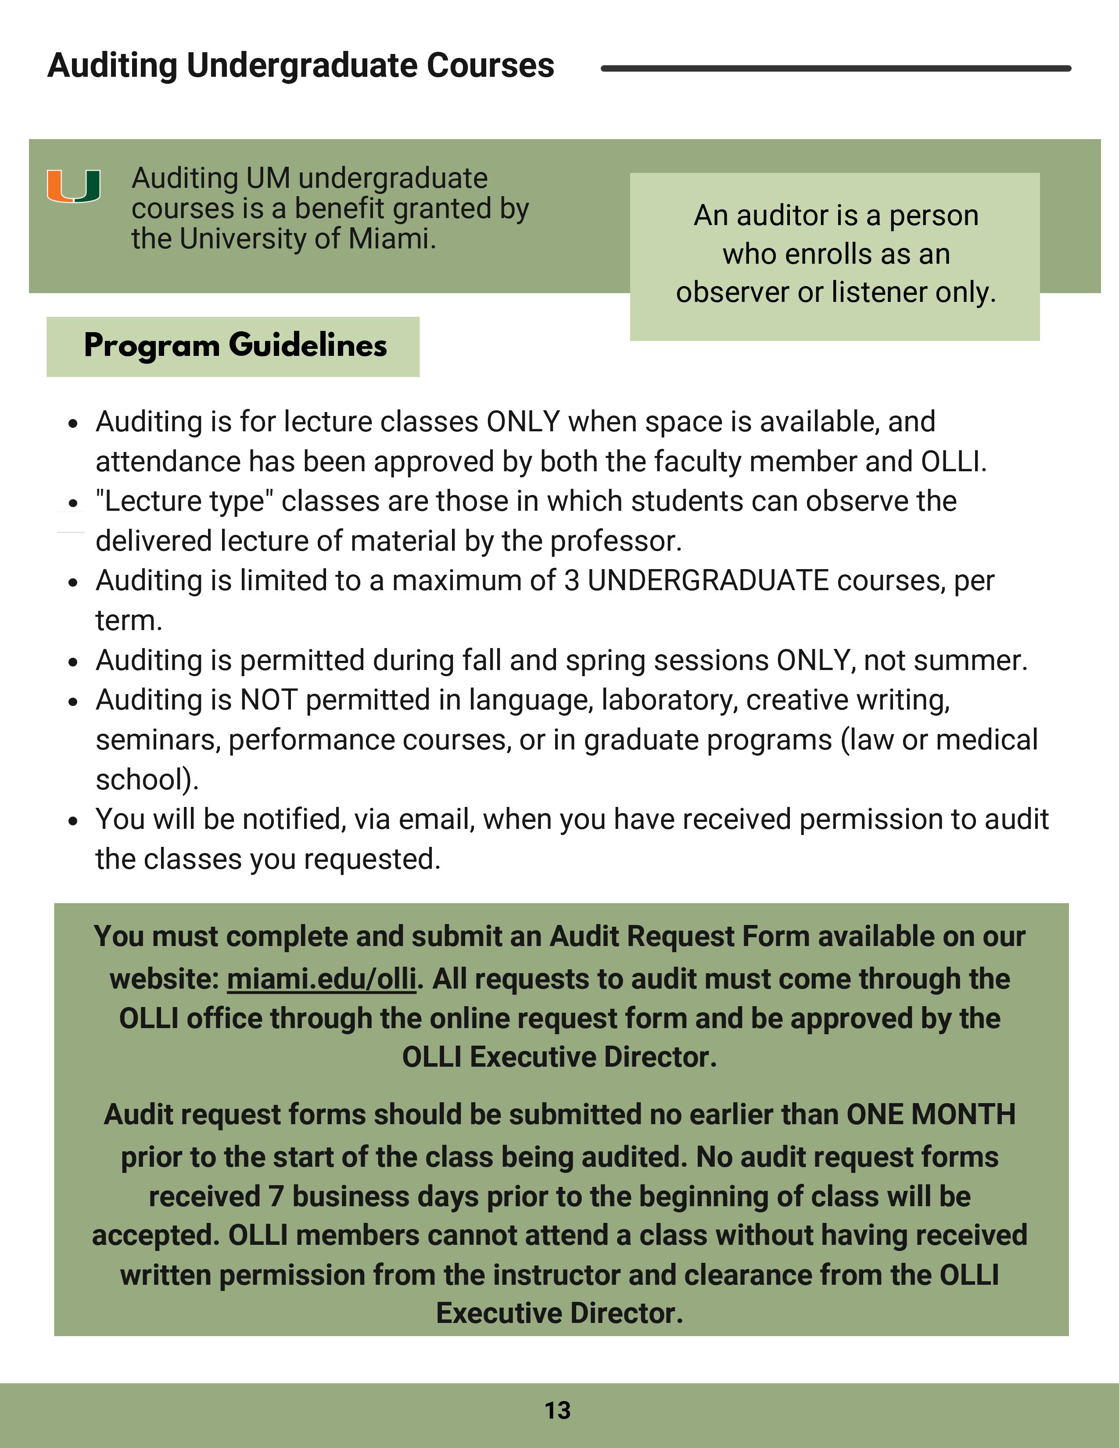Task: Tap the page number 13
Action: (557, 1410)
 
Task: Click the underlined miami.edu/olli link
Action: (322, 978)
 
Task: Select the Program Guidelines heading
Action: (235, 345)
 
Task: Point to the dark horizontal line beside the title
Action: (835, 68)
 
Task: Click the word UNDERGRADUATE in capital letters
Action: (707, 581)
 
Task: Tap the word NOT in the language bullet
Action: (269, 700)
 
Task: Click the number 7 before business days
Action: (276, 1197)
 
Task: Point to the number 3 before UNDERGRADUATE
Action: (571, 581)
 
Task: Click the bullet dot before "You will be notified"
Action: (73, 821)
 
